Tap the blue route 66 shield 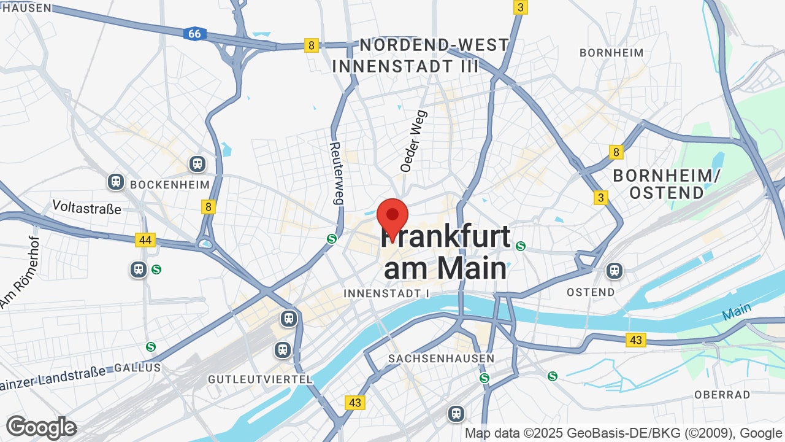(x=194, y=34)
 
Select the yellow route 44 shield (x=145, y=240)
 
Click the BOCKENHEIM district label (x=170, y=184)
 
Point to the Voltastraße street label (x=87, y=207)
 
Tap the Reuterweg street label (x=336, y=173)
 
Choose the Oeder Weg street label (x=413, y=141)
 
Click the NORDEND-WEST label (x=434, y=45)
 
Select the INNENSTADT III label (x=405, y=66)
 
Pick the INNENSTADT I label (x=386, y=293)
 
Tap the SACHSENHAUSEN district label (x=442, y=359)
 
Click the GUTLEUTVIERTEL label (x=261, y=379)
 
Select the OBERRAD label (x=722, y=395)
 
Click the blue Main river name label (x=737, y=311)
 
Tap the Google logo (x=42, y=427)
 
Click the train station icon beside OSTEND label (x=614, y=270)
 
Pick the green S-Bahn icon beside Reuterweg (x=332, y=239)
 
